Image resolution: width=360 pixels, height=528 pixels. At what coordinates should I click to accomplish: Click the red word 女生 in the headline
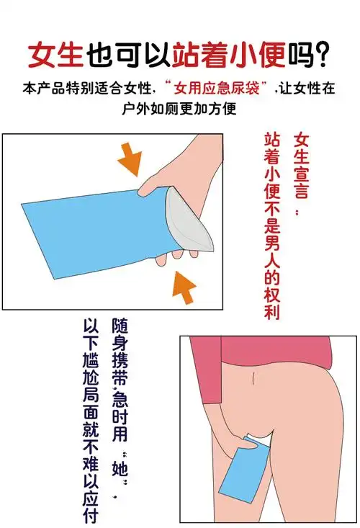pyautogui.click(x=55, y=53)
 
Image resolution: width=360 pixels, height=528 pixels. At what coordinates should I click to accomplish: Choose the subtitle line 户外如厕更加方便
pyautogui.click(x=180, y=109)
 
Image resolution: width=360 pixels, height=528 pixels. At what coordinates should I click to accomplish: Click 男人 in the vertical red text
pyautogui.click(x=272, y=249)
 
